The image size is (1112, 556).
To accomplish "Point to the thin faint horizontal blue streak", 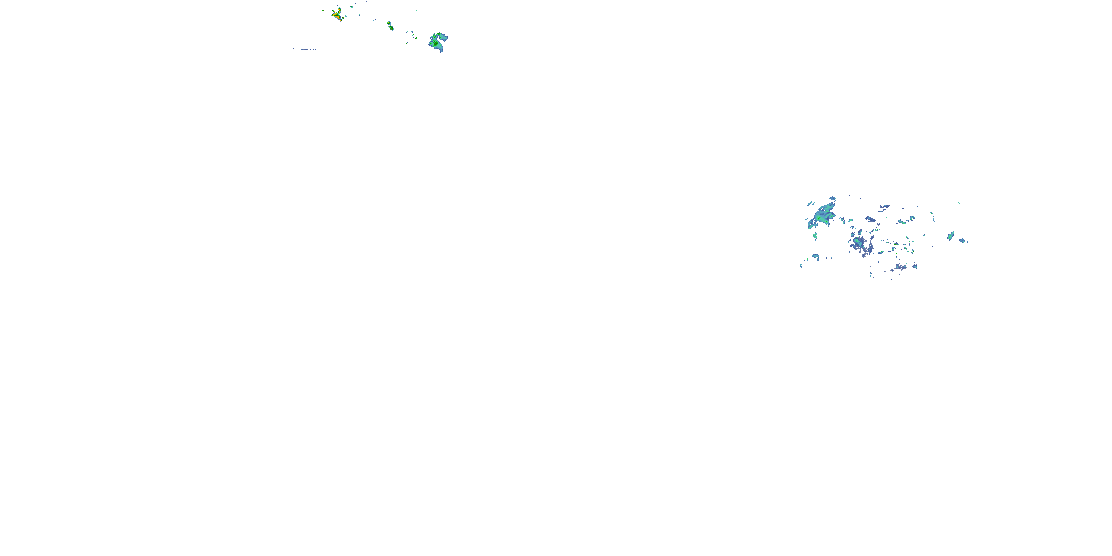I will click(307, 50).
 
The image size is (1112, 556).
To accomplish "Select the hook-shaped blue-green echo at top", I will click(438, 42).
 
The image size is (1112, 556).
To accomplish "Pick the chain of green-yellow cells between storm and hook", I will click(390, 26).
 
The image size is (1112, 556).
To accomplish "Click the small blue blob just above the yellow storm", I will click(351, 6).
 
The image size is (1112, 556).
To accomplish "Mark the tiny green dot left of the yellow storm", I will click(323, 11).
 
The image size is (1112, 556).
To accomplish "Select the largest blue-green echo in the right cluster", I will click(822, 216).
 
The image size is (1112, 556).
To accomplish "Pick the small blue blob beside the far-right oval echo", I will click(962, 241).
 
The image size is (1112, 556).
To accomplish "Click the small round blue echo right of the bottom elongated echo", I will click(915, 267).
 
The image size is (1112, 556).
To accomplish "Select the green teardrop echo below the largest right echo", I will click(815, 236).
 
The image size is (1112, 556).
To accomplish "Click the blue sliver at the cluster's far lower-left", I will click(801, 265).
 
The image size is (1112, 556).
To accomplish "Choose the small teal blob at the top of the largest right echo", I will click(832, 199).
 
